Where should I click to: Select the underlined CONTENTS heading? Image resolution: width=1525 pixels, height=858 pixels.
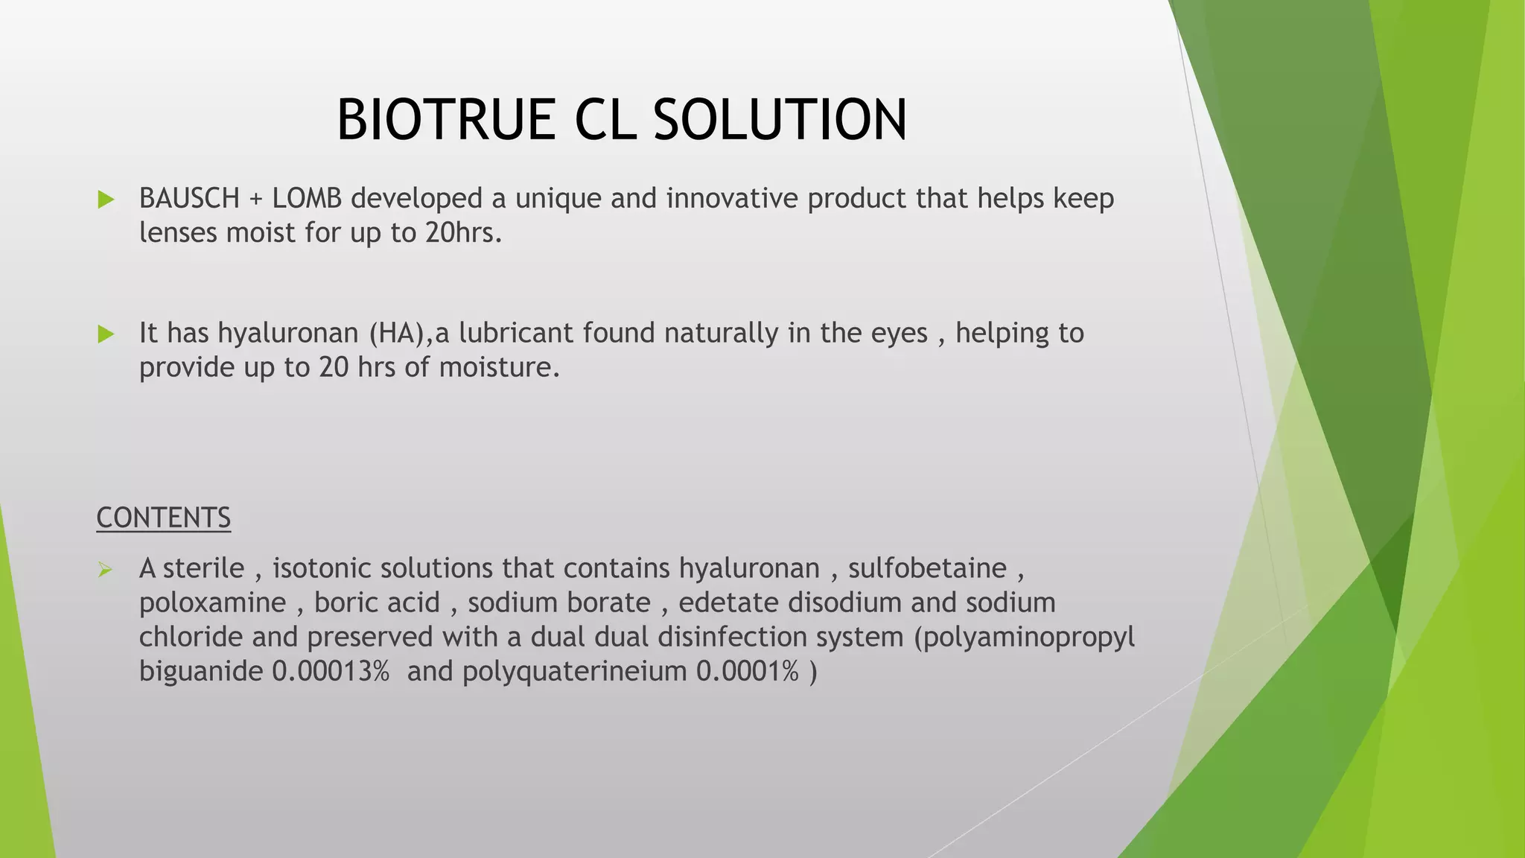(163, 518)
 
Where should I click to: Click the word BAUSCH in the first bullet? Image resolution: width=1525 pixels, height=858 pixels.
(189, 199)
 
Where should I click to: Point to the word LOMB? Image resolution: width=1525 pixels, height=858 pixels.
(307, 199)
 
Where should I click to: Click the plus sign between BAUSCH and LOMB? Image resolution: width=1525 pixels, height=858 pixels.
(255, 200)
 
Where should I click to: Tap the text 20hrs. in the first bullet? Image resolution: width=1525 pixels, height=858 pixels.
(463, 233)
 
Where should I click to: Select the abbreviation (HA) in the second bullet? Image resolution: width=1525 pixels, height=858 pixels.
(399, 333)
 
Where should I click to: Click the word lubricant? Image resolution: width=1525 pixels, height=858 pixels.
(516, 333)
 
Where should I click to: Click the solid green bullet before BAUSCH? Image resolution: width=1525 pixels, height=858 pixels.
(106, 200)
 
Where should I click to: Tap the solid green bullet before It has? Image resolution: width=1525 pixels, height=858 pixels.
(106, 334)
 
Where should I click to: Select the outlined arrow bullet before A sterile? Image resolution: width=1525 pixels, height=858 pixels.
(105, 571)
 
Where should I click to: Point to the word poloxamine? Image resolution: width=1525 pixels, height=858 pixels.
(212, 603)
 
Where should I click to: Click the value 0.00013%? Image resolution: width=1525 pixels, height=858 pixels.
(330, 671)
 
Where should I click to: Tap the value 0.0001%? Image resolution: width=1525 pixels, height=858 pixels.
(747, 671)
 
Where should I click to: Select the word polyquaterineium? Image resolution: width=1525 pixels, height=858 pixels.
(574, 673)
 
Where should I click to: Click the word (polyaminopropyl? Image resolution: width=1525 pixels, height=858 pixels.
(1024, 638)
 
